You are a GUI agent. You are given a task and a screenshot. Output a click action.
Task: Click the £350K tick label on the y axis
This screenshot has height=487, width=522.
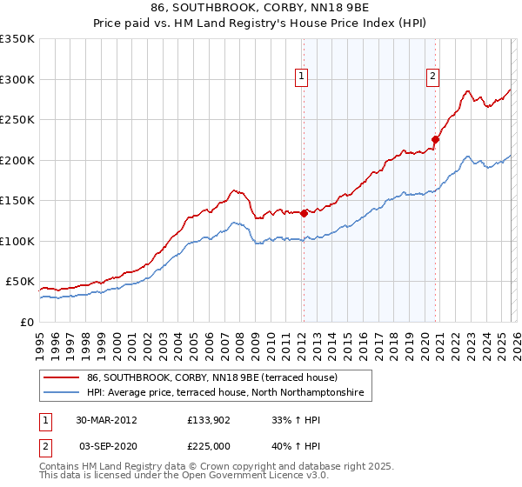tap(17, 39)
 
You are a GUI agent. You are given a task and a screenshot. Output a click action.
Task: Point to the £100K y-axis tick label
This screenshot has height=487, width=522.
tap(17, 241)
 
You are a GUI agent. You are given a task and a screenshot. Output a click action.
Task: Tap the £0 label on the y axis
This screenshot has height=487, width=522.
tap(25, 322)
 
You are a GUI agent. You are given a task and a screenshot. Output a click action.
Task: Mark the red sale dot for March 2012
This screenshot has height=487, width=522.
tap(304, 214)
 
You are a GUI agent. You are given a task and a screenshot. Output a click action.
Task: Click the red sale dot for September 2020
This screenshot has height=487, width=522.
tap(436, 139)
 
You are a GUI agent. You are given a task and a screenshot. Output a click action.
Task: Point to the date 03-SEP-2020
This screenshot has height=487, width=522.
tap(107, 444)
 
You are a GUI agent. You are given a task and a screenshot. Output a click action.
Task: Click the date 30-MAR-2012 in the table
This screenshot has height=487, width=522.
tap(107, 420)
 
